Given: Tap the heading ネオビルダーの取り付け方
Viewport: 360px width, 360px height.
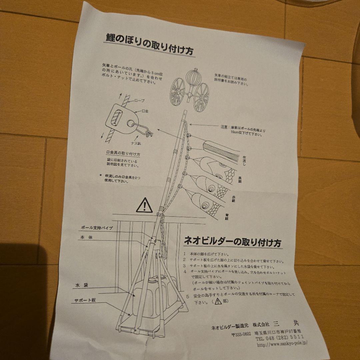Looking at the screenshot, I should pos(233,241).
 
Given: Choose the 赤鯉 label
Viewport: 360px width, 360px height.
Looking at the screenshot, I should pos(234,199).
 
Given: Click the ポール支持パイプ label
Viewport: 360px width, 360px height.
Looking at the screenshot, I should pos(97,228).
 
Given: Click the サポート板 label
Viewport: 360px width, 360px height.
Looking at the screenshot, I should pos(85,300).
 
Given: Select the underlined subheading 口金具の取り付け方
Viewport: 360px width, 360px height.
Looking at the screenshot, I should pos(123,154).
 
